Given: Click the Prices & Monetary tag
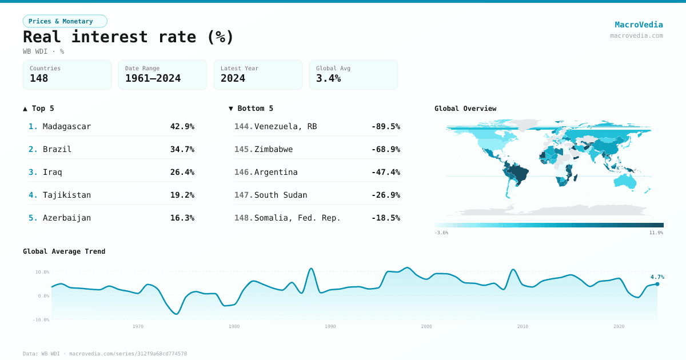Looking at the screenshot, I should click(65, 21).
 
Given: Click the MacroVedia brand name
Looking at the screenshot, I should click(639, 25).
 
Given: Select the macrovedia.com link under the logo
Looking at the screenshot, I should click(636, 35).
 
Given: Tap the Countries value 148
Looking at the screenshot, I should click(39, 78).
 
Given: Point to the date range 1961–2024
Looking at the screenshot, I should click(153, 78).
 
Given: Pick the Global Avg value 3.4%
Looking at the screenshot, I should click(328, 78).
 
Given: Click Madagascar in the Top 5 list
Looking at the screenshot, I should click(66, 126).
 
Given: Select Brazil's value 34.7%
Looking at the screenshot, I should click(182, 149).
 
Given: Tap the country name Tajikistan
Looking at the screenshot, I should click(66, 195).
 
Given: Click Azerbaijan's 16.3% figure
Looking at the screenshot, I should click(182, 218).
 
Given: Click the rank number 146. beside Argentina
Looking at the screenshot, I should click(244, 172).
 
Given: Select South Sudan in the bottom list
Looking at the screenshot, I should click(281, 195).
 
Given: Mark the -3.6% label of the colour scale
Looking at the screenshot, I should click(441, 233).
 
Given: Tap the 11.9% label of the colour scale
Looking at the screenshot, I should click(656, 233).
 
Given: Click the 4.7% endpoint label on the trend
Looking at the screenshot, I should click(657, 277).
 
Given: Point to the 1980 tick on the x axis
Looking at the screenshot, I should click(234, 326).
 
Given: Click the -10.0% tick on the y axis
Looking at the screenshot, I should click(42, 319).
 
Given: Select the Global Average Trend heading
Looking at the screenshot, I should click(64, 251).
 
